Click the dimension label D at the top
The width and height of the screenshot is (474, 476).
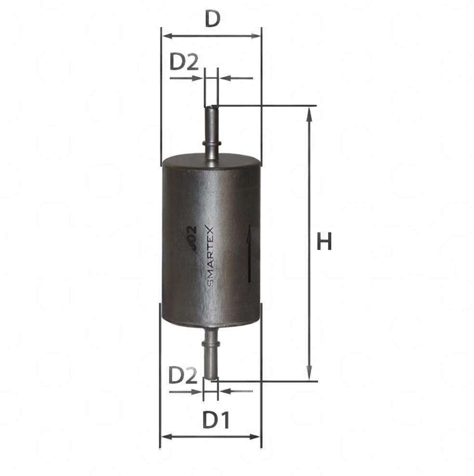[x=212, y=19]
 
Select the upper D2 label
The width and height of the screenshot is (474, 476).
[x=184, y=62]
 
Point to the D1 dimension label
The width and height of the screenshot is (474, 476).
[x=216, y=421]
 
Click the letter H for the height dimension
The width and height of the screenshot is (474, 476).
[x=324, y=242]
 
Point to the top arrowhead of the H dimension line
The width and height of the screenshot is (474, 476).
[x=309, y=113]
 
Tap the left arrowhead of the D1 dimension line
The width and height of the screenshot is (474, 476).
[x=165, y=437]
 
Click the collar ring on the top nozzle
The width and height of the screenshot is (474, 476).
[x=211, y=142]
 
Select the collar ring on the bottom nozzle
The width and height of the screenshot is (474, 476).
[x=211, y=343]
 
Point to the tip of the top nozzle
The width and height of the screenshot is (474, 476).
[x=211, y=109]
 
